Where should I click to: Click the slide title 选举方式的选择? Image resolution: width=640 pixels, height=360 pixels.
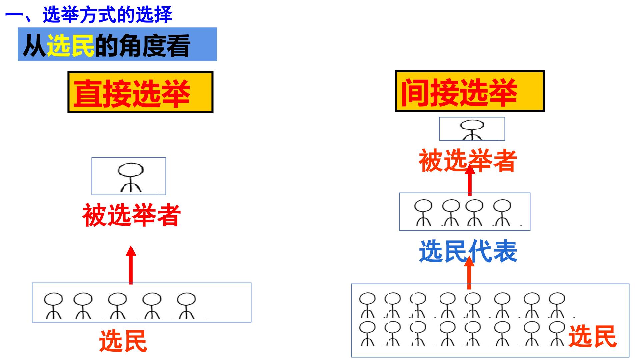[107, 15]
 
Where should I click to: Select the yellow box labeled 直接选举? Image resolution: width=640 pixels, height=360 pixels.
[140, 92]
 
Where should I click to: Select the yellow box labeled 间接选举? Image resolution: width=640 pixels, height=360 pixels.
[470, 91]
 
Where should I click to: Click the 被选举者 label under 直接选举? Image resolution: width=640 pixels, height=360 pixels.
[132, 215]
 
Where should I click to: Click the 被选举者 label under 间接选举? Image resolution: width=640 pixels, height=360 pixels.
[468, 161]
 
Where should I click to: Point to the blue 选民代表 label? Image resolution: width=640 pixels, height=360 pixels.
[468, 251]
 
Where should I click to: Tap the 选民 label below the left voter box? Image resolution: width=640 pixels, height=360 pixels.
[123, 341]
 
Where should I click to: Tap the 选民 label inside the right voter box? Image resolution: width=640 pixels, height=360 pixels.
[592, 336]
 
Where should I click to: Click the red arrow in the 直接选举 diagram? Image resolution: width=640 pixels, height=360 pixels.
[131, 265]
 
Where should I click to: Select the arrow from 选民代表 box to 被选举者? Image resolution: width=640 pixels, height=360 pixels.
[470, 180]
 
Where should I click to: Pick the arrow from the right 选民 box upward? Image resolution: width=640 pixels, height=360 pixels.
[469, 273]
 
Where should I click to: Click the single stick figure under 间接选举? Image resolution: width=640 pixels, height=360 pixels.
[472, 130]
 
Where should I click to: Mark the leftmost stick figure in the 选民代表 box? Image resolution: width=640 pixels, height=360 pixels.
[423, 212]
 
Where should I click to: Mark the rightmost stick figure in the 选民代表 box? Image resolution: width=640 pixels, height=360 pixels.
[502, 212]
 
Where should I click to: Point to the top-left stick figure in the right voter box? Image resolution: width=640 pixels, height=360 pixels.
[367, 305]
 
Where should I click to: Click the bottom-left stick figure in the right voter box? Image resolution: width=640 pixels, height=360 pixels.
[367, 333]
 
